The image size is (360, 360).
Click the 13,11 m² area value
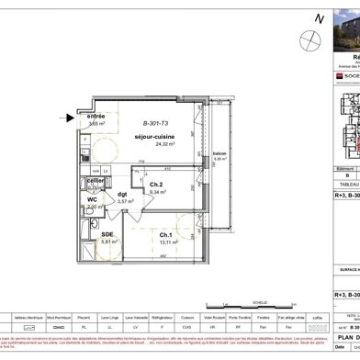[x=167, y=267]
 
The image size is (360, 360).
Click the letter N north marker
[x=318, y=18]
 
